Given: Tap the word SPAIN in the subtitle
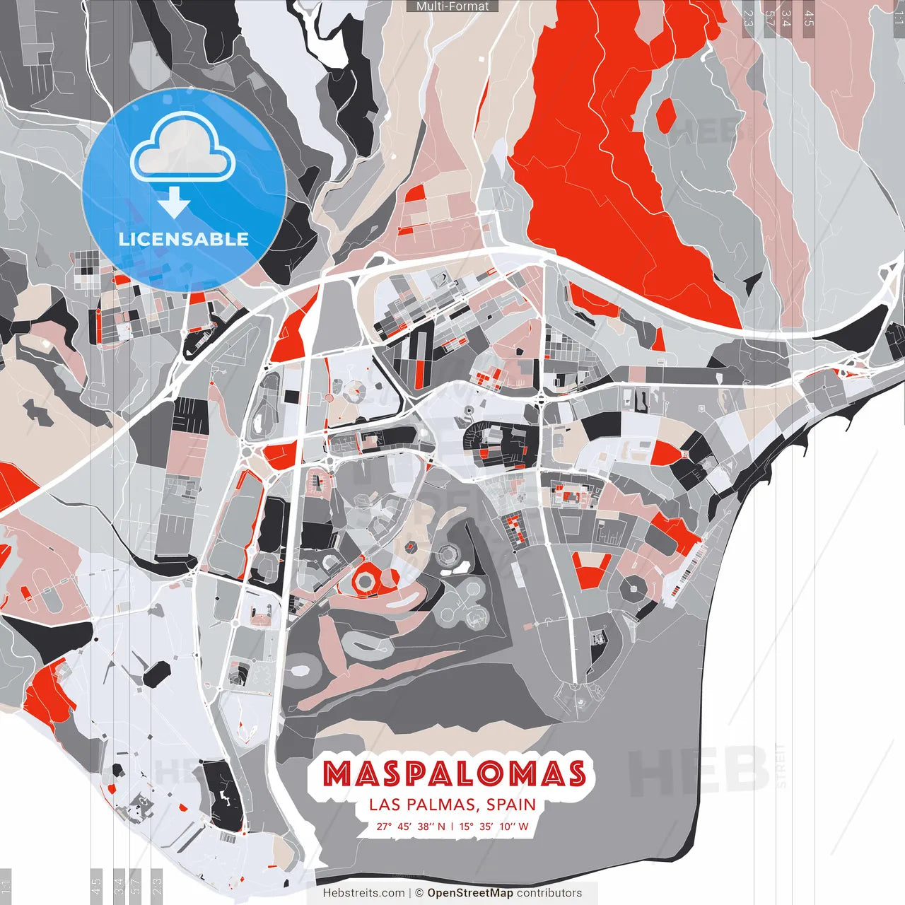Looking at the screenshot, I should (510, 805).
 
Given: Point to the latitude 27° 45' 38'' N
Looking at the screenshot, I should (411, 826).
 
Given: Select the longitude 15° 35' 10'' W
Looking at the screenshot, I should (495, 826).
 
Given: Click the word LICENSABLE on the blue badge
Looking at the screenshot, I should (184, 239).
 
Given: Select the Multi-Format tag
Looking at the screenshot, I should (452, 6).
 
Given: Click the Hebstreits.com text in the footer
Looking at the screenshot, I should (363, 893).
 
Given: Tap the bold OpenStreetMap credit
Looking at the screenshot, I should (470, 893).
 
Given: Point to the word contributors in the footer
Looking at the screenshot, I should (549, 893).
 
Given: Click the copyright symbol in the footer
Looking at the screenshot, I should (419, 893).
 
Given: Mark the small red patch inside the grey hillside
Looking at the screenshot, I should (665, 116).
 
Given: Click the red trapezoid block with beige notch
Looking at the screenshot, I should (592, 570).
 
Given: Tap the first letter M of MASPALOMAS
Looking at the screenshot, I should (338, 774).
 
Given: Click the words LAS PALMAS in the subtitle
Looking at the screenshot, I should (420, 805).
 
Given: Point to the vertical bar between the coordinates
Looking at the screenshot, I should (452, 826).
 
